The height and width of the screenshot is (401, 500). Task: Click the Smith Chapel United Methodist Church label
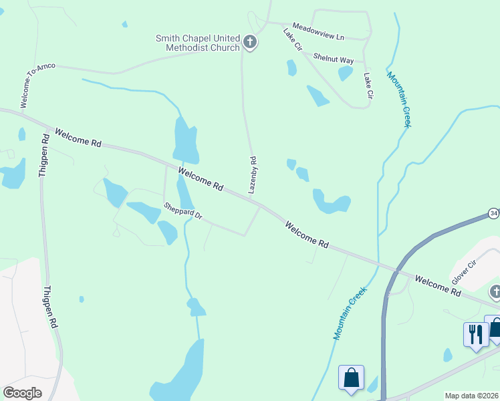197,43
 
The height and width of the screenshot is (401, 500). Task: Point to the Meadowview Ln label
318,30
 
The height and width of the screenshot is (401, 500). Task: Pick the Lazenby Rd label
253,175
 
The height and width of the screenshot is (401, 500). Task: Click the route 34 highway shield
494,213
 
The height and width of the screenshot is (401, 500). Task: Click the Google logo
22,393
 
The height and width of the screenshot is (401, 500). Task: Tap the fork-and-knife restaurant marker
475,334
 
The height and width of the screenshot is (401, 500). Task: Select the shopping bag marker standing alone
351,378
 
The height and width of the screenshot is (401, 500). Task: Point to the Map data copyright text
472,396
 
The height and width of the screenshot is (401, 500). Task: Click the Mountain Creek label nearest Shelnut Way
400,98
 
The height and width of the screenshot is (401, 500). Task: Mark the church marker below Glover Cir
495,291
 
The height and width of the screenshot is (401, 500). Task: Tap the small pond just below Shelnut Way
345,73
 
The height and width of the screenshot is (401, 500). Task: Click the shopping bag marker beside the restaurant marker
495,327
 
